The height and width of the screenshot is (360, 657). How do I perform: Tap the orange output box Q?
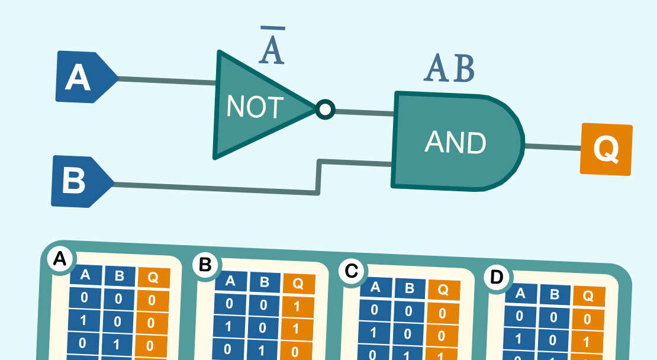[606, 149]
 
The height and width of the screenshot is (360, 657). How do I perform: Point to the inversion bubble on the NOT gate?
[325, 110]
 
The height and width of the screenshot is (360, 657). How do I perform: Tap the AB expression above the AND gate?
[449, 70]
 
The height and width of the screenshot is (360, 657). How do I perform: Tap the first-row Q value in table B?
[296, 307]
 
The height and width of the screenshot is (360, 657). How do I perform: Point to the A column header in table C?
[375, 288]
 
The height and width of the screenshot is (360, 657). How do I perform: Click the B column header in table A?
[120, 276]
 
